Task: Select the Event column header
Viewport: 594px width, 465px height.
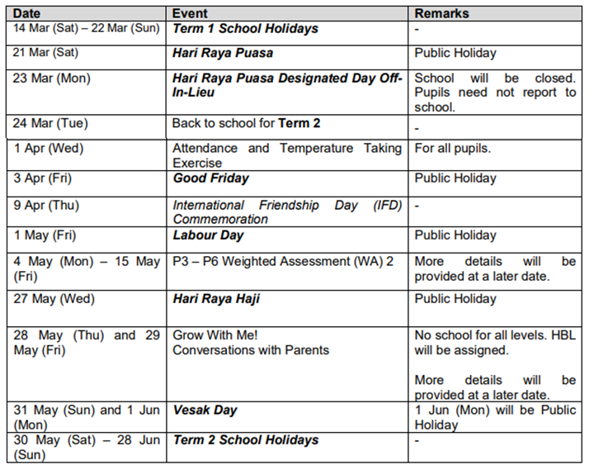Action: point(191,13)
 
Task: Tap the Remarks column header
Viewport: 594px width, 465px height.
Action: point(441,13)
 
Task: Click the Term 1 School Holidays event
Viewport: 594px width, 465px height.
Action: point(244,29)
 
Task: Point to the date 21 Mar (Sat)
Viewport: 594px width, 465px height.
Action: point(51,53)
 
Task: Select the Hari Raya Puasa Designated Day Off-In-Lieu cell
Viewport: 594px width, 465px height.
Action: point(287,85)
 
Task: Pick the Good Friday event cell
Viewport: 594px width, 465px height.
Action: point(210,178)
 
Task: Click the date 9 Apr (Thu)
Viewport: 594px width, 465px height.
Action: point(48,205)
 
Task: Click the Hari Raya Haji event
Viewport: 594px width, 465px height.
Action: point(216,299)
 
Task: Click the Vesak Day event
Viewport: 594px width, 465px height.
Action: point(205,410)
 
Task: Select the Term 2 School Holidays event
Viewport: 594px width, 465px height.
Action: point(245,440)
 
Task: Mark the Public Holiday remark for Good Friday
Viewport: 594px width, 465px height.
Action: point(455,178)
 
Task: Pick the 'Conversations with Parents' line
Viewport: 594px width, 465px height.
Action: point(250,350)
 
